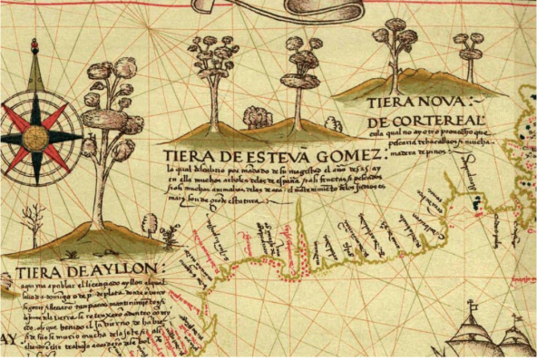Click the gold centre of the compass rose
click(35, 137)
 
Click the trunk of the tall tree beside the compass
click(97, 190)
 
